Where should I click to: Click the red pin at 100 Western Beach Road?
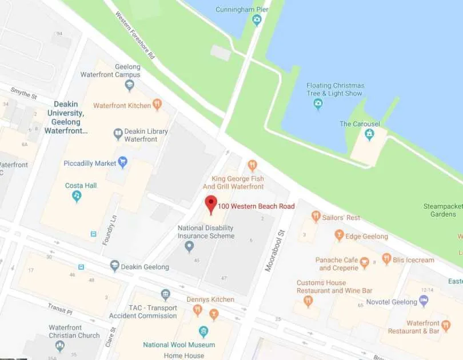[x=211, y=204]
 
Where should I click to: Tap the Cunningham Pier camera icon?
[x=257, y=20]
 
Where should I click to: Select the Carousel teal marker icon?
[x=369, y=134]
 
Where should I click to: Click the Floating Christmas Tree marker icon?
[x=318, y=103]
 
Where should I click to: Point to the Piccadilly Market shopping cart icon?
[x=122, y=163]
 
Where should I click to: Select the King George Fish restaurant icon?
[x=252, y=166]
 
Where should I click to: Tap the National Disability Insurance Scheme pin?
[x=190, y=246]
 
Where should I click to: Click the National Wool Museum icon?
[x=203, y=331]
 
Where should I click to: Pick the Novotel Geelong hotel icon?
[x=424, y=301]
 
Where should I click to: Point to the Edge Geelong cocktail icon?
[x=339, y=235]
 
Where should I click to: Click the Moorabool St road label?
[x=275, y=252]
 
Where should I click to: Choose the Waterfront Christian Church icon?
[x=60, y=345]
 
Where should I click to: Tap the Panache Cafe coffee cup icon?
[x=364, y=263]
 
